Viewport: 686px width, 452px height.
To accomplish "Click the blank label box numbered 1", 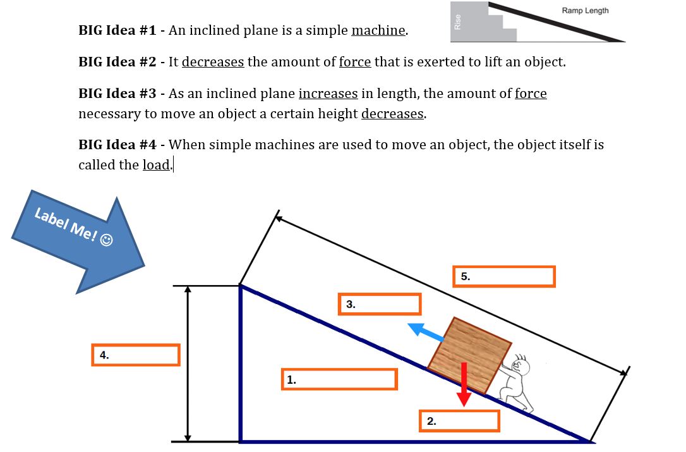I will click(339, 379).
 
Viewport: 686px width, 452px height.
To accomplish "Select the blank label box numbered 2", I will click(459, 421).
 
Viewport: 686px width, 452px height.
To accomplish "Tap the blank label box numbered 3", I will click(380, 304).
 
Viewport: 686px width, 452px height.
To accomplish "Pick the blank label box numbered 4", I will click(136, 355).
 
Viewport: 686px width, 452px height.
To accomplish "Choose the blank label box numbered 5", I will click(503, 277).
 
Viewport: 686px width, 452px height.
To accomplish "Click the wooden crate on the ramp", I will click(469, 355).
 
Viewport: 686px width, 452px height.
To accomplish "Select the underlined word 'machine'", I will click(378, 31).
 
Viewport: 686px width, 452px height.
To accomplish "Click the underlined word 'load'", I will click(156, 165).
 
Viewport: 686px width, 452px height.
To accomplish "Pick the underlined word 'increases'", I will click(328, 94).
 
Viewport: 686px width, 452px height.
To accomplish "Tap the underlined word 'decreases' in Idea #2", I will click(213, 62).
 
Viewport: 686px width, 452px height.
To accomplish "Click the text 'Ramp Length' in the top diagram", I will click(585, 11).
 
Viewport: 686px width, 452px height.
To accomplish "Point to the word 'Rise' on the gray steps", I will click(458, 21).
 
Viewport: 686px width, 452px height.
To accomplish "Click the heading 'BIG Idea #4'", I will click(117, 145).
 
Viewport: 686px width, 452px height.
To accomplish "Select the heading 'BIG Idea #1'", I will click(117, 31).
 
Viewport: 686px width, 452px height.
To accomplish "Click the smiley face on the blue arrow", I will click(107, 240).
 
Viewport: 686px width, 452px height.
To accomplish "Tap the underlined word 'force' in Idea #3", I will click(531, 94).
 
